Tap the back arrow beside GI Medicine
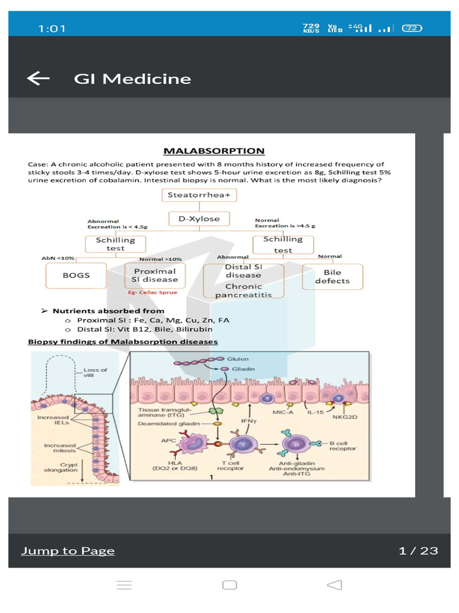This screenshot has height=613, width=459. coord(38,78)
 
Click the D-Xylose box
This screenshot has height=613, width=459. coord(199,219)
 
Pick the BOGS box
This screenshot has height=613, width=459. coord(76,275)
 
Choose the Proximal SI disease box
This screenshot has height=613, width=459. coord(155,275)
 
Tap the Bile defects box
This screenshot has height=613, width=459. coord(332,276)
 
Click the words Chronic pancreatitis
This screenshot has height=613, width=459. coord(243,290)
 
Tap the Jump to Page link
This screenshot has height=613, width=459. coord(68,551)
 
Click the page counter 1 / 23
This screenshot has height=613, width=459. coord(418,551)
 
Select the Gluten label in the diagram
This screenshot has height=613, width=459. coord(238,359)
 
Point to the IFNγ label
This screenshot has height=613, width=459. coord(249,421)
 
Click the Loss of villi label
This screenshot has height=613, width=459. coord(96,372)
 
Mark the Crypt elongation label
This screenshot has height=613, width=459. coord(61,466)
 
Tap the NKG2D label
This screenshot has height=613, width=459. coord(345,417)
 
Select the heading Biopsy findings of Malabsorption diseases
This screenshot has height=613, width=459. coord(123,342)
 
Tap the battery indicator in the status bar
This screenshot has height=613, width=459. coord(412,28)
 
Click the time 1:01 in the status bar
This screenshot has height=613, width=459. coord(52,28)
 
